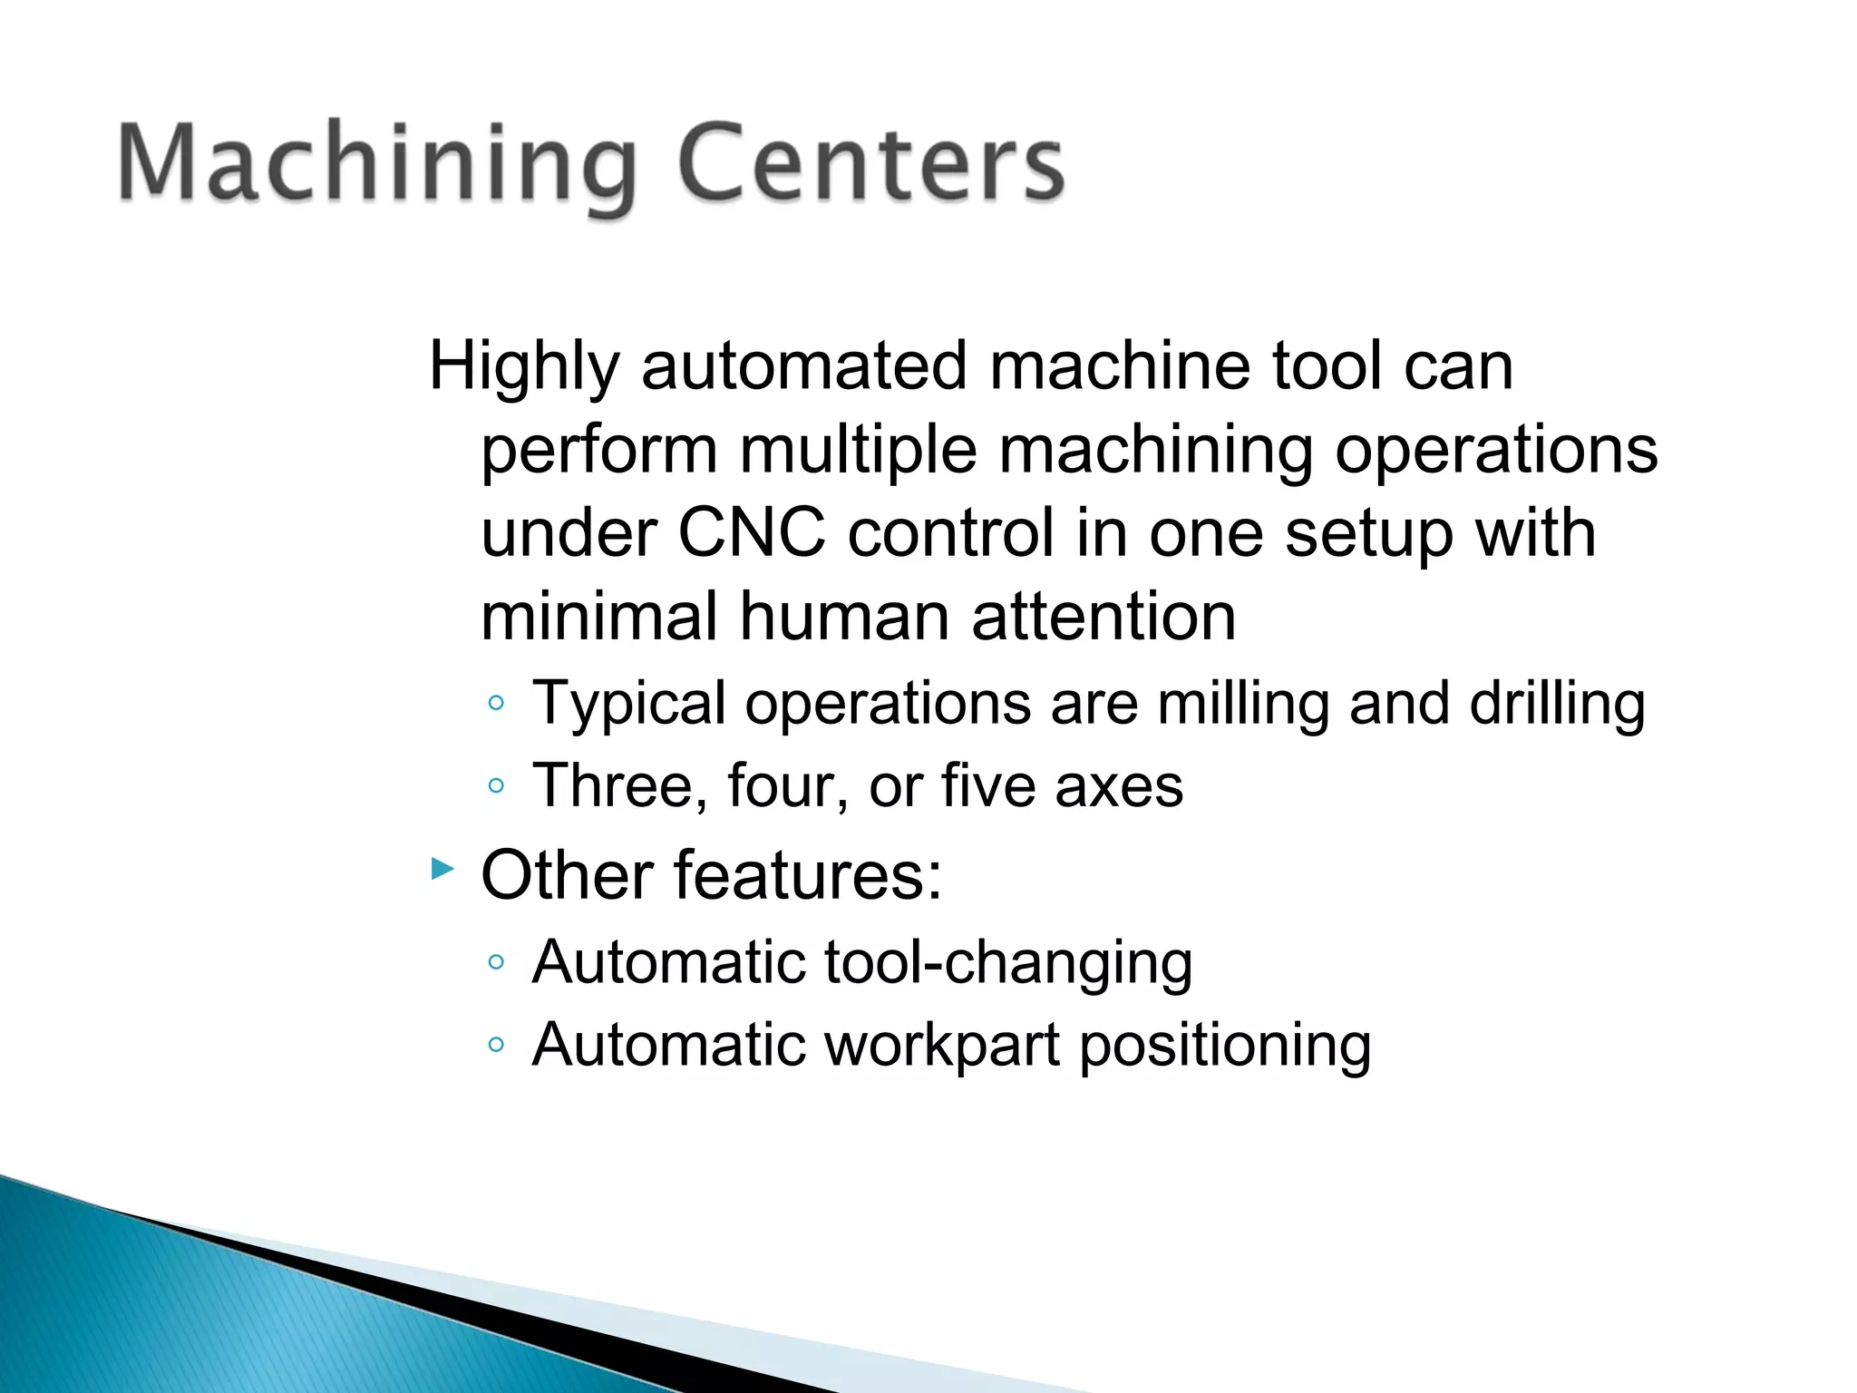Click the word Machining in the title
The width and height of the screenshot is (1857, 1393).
point(376,165)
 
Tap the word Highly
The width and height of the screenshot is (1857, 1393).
point(524,367)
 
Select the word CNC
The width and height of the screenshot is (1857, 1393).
point(751,533)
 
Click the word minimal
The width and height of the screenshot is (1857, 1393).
point(599,617)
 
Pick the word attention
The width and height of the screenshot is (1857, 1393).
point(1104,617)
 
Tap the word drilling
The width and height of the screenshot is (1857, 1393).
point(1557,704)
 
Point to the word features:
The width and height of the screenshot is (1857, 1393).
point(807,875)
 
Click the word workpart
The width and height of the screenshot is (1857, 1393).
point(942,1046)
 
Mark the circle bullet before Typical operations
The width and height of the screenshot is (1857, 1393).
point(495,703)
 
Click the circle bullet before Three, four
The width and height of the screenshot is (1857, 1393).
point(495,785)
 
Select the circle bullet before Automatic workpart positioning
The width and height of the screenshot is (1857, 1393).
point(495,1045)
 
